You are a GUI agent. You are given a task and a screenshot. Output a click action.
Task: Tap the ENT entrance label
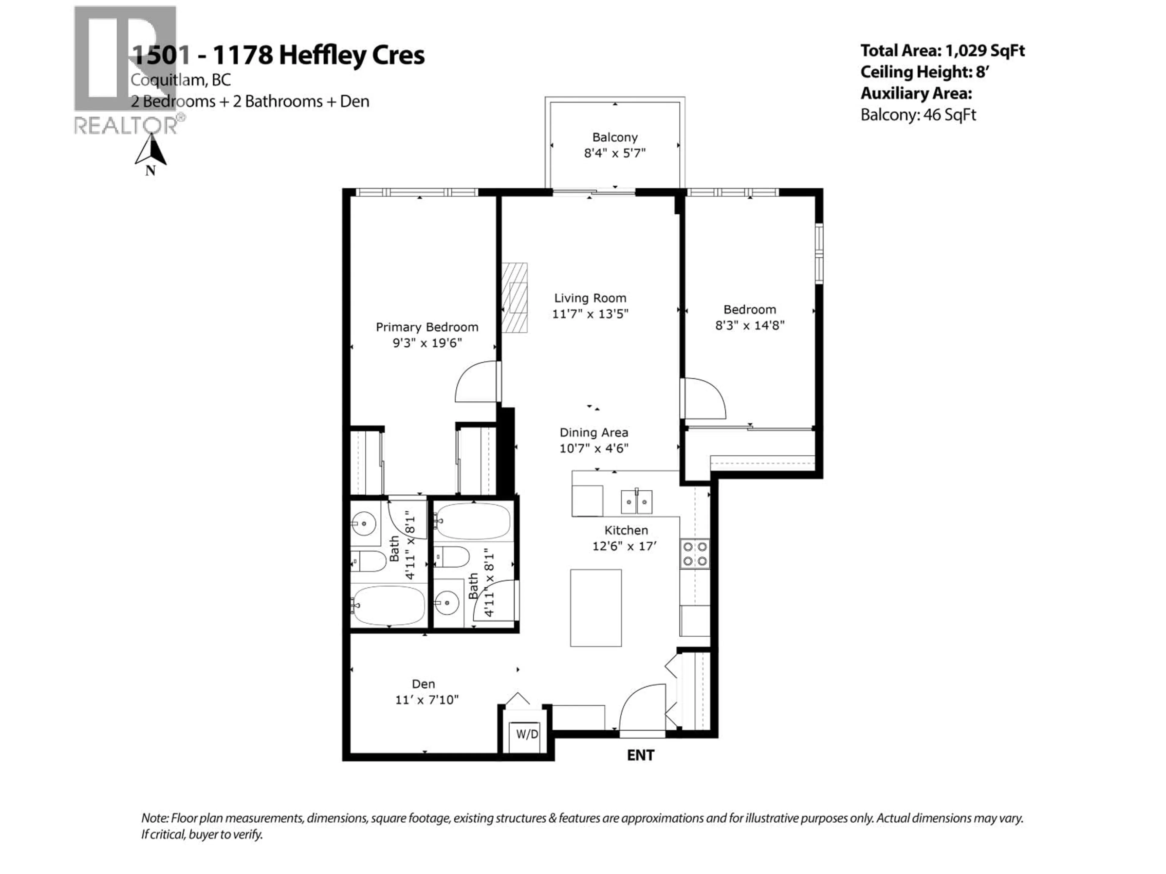pyautogui.click(x=640, y=755)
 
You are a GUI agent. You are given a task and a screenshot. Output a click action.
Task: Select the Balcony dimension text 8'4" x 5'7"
pyautogui.click(x=615, y=153)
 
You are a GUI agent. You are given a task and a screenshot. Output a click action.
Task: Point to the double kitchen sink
pyautogui.click(x=636, y=502)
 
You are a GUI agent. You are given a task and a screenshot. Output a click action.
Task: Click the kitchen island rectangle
pyautogui.click(x=596, y=608)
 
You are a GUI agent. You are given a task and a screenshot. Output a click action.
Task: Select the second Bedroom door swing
pyautogui.click(x=704, y=399)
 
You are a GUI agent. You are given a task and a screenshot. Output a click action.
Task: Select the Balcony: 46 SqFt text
pyautogui.click(x=918, y=115)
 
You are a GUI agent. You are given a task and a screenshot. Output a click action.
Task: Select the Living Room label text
pyautogui.click(x=590, y=298)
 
